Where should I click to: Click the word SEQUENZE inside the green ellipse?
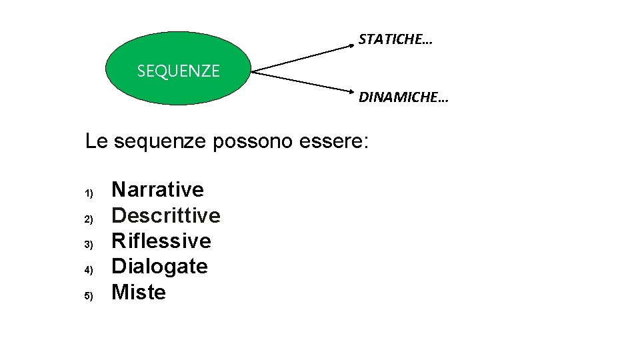tap(178, 71)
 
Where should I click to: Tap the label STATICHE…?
tap(395, 39)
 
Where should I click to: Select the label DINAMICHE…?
tap(403, 98)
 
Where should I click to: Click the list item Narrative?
tap(157, 189)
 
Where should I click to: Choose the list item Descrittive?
tap(165, 215)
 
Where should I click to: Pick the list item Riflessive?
tap(161, 241)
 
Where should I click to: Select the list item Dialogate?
tap(159, 267)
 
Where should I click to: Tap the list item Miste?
tap(138, 292)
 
